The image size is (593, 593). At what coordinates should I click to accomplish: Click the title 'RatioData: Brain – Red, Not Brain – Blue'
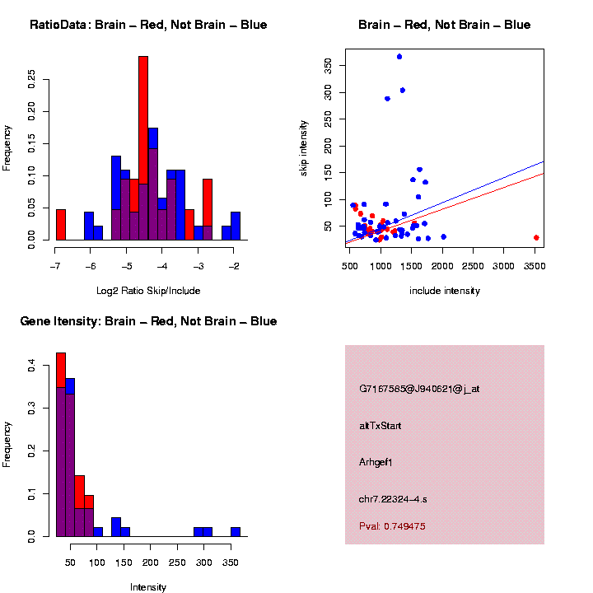[x=148, y=25]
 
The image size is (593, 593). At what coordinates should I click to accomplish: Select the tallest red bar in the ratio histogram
[x=143, y=124]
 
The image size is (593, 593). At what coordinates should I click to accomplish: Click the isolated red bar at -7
[x=60, y=224]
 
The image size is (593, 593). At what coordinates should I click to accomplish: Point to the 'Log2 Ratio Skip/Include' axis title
[x=147, y=290]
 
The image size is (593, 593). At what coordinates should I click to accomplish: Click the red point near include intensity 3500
[x=536, y=237]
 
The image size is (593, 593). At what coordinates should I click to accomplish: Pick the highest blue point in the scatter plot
[x=399, y=57]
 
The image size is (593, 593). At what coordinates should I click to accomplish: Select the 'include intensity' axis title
[x=445, y=290]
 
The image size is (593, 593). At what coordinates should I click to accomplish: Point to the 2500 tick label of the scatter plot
[x=473, y=266]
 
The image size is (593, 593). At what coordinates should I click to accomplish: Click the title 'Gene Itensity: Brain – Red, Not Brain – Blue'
[x=148, y=321]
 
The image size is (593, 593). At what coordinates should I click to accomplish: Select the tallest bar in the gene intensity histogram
[x=61, y=445]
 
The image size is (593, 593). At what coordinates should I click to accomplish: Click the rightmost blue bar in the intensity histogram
[x=236, y=532]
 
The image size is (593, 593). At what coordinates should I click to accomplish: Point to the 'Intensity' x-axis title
[x=148, y=586]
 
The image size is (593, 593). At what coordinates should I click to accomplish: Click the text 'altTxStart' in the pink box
[x=380, y=426]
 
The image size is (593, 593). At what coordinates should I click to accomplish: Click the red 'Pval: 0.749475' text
[x=392, y=525]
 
